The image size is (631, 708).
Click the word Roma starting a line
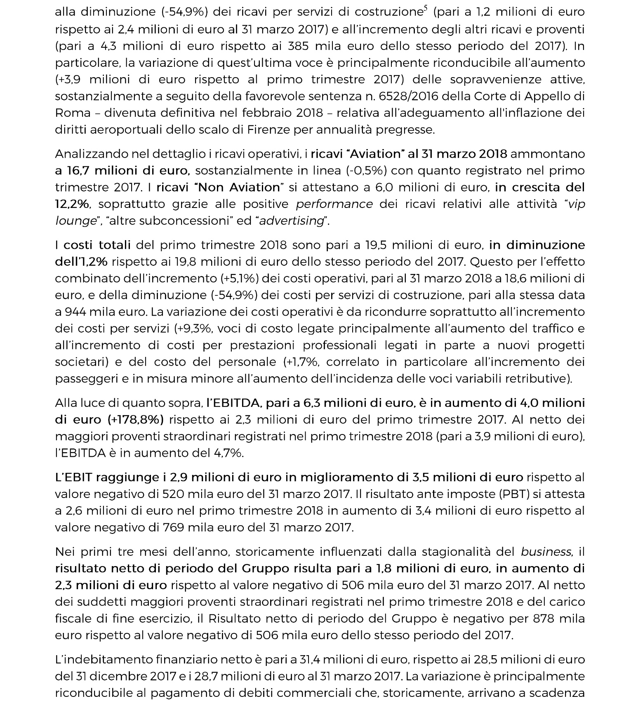coord(67,113)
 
